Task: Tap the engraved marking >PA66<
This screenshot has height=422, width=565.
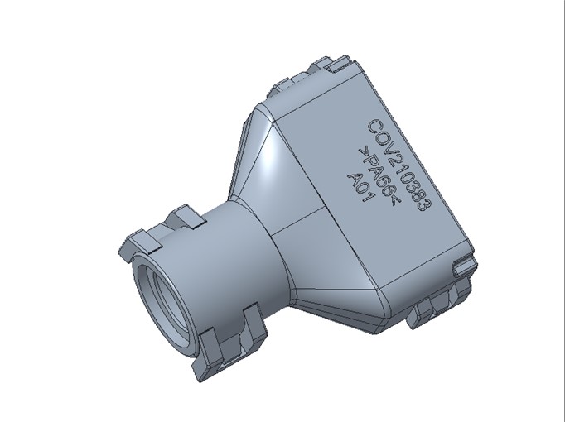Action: coord(378,175)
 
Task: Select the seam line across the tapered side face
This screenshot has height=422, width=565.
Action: coord(298,220)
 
